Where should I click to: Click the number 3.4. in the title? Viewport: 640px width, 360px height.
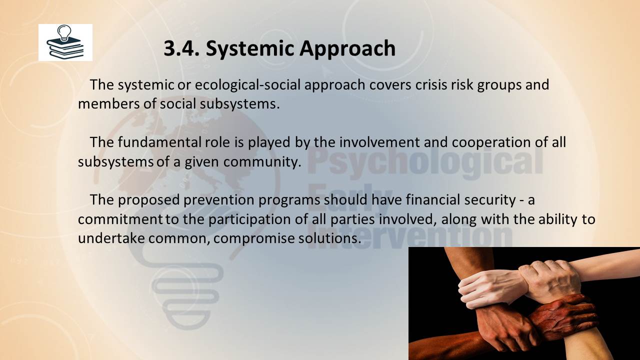pyautogui.click(x=181, y=48)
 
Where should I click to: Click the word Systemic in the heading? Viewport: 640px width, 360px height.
pyautogui.click(x=250, y=49)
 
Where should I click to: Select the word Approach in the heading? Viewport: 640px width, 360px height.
pyautogui.click(x=347, y=49)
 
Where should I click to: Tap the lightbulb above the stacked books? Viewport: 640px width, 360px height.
pyautogui.click(x=64, y=32)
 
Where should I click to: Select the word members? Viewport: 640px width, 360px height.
pyautogui.click(x=108, y=103)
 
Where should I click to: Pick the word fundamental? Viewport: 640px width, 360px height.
pyautogui.click(x=159, y=142)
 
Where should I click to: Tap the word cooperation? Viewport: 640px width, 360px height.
pyautogui.click(x=491, y=143)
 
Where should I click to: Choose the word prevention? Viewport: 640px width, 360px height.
pyautogui.click(x=219, y=200)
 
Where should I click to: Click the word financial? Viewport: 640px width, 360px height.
pyautogui.click(x=433, y=199)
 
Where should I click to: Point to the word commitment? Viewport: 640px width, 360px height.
pyautogui.click(x=120, y=219)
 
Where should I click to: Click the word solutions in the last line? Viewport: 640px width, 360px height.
pyautogui.click(x=329, y=238)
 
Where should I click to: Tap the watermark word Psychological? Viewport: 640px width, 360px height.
pyautogui.click(x=424, y=161)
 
